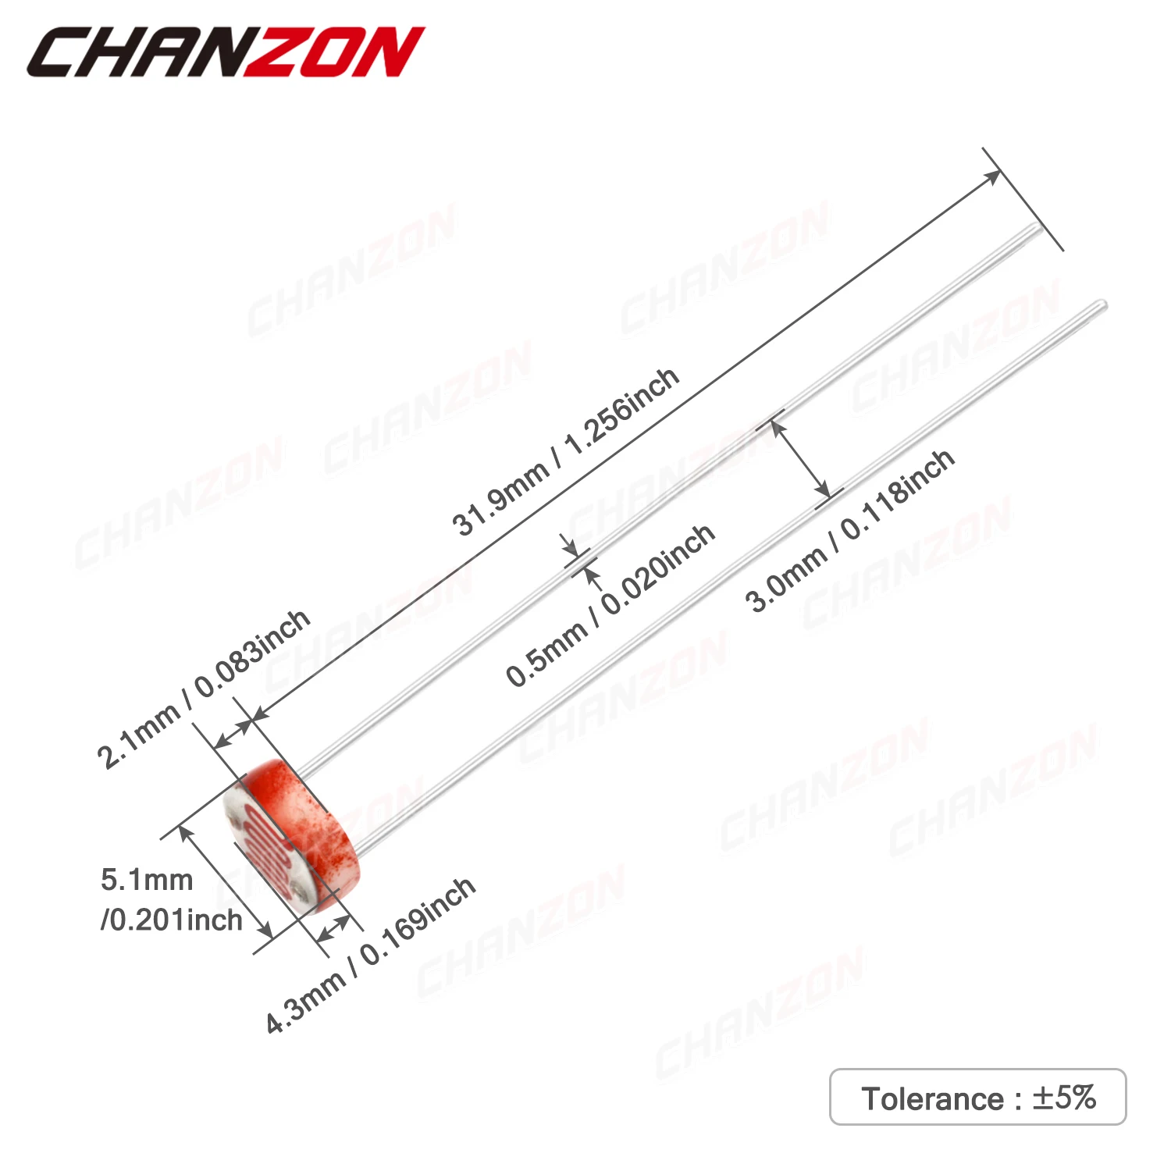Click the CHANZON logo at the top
tap(226, 52)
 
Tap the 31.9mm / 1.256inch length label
tap(565, 452)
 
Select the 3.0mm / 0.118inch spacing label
tap(849, 531)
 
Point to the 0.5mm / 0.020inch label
tap(610, 606)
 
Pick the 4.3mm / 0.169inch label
tap(370, 955)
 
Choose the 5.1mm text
tap(147, 880)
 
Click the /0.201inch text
tap(172, 920)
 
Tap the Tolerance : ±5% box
tap(977, 1097)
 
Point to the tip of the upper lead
tap(1038, 228)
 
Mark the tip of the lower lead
tap(1102, 304)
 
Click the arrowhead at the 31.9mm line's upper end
tap(993, 176)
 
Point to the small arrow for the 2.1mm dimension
tap(233, 735)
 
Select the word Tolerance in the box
tap(932, 1098)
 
